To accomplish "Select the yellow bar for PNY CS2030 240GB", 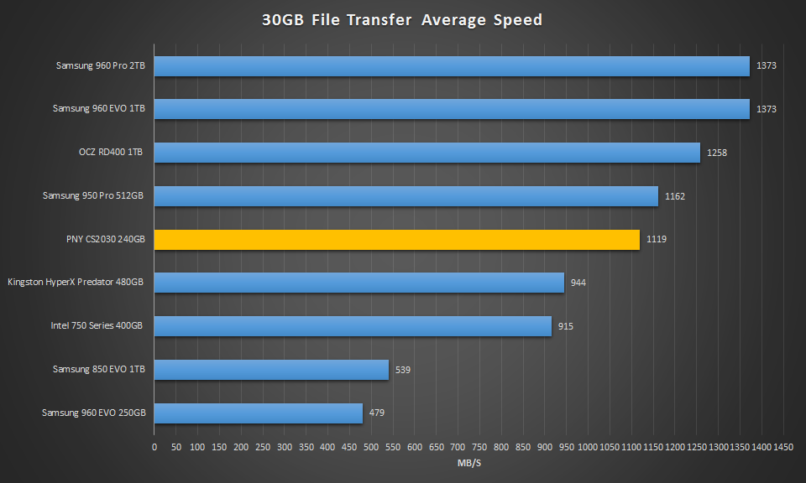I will (x=396, y=240).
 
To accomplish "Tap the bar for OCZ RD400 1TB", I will (x=427, y=153).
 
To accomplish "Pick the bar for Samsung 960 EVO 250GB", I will (x=258, y=413).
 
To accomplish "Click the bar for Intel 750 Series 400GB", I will (x=353, y=326).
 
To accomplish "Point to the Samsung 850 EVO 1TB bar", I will (x=271, y=370).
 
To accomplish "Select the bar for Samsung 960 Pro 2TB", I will (x=452, y=66).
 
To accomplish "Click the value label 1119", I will (x=657, y=240).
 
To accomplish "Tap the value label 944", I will (x=578, y=283).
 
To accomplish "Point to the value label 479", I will (x=376, y=413).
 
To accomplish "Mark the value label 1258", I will (x=717, y=153).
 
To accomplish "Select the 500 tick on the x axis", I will (x=371, y=448).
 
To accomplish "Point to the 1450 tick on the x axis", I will (x=783, y=448).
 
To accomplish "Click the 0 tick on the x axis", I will (x=154, y=448).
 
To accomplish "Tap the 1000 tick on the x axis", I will (x=588, y=448).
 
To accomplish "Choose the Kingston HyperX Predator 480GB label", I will (x=76, y=283).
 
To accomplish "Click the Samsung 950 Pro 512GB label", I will (x=93, y=196).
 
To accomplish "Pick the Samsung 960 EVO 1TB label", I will (x=98, y=109).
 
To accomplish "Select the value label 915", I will (x=565, y=326).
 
